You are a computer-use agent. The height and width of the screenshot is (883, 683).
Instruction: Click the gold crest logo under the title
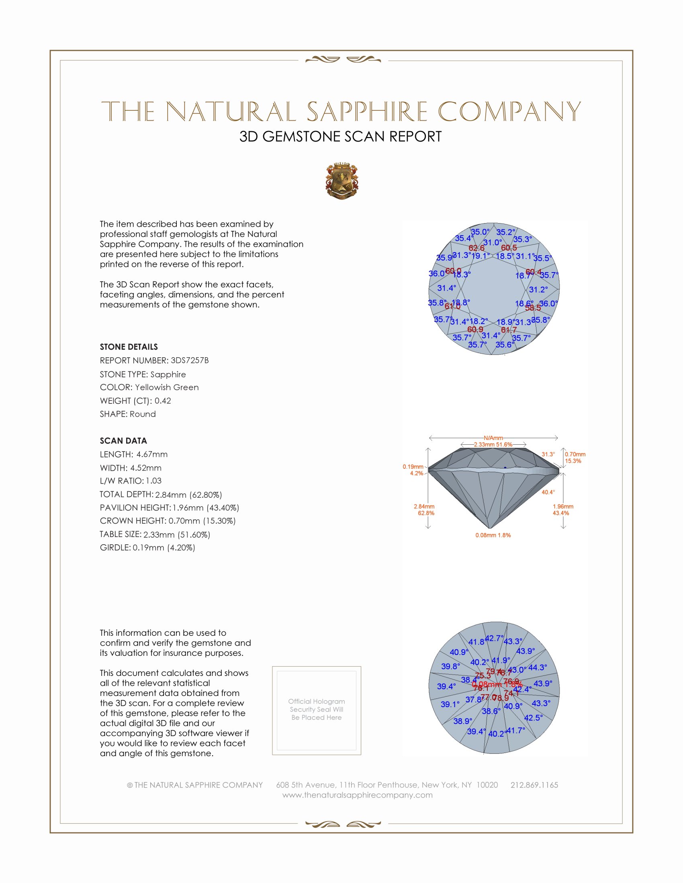point(341,181)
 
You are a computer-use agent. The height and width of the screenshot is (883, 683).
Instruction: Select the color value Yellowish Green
point(167,387)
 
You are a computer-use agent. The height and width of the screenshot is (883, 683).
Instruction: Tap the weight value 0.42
point(163,401)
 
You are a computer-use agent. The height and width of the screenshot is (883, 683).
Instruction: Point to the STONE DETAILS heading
point(129,347)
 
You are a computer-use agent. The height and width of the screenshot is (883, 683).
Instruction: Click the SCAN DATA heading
point(123,441)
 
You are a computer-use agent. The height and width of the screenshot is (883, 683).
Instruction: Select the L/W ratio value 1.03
point(154,481)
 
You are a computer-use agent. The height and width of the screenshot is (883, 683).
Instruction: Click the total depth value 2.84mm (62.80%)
point(188,494)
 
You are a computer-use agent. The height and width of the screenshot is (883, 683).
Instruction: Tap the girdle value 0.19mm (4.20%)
point(164,548)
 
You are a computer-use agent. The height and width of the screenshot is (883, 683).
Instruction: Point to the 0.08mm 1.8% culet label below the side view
point(493,535)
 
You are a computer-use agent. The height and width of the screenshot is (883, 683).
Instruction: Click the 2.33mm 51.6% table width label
point(493,444)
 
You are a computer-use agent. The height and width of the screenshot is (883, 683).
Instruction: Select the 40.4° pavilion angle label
point(548,492)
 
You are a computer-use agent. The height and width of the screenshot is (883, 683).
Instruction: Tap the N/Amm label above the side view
point(493,438)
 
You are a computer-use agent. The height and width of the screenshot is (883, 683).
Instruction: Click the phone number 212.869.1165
point(534,785)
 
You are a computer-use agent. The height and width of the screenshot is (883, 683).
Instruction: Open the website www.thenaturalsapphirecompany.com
point(357,795)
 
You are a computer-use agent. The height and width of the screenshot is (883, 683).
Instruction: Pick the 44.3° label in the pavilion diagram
point(537,667)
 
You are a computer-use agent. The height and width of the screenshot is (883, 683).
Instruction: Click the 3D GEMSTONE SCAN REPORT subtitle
point(340,136)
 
